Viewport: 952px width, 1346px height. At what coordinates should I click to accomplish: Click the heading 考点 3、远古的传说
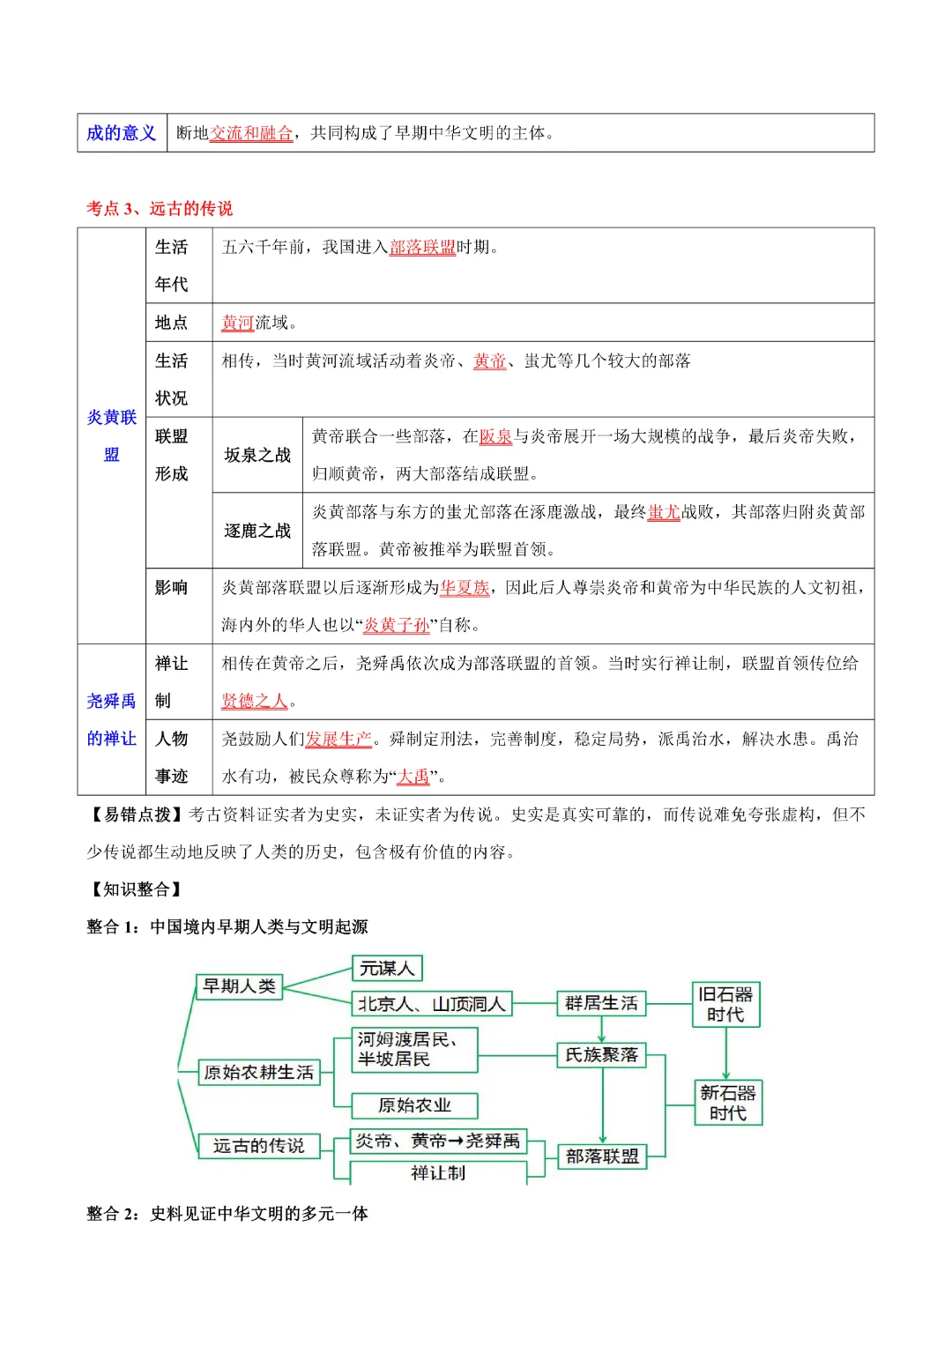click(x=160, y=209)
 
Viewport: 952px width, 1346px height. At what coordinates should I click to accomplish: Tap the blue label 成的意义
click(x=122, y=133)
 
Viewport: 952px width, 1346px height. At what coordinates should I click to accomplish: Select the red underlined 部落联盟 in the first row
click(x=422, y=248)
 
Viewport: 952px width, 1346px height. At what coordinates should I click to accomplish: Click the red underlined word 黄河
click(x=237, y=323)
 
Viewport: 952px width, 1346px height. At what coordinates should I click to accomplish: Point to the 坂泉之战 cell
click(x=257, y=455)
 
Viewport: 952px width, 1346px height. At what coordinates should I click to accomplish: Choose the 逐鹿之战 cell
click(x=257, y=531)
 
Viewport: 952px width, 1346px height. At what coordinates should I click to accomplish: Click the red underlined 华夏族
click(x=465, y=588)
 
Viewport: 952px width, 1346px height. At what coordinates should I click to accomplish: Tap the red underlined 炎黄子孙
click(x=397, y=626)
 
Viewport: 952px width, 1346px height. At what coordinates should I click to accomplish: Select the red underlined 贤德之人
click(x=255, y=702)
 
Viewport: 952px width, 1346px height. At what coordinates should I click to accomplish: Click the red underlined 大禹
click(x=413, y=777)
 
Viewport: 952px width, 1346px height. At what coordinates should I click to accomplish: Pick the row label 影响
click(x=171, y=588)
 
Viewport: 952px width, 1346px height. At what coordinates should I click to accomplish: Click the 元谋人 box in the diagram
click(x=387, y=969)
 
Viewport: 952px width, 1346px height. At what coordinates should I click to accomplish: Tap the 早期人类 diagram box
click(x=239, y=986)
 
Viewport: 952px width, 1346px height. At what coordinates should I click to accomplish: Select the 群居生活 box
click(x=601, y=1003)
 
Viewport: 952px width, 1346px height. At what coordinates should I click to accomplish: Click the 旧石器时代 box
click(x=725, y=1005)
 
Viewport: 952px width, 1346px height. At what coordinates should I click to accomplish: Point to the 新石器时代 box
click(x=727, y=1103)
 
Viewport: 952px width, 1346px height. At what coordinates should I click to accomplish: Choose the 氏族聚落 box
click(x=601, y=1055)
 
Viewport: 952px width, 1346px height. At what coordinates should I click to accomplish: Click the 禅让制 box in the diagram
click(x=438, y=1173)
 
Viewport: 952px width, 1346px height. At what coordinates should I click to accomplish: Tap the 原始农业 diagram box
click(x=414, y=1105)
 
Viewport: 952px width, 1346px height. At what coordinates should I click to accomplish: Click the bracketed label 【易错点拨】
click(x=136, y=815)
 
